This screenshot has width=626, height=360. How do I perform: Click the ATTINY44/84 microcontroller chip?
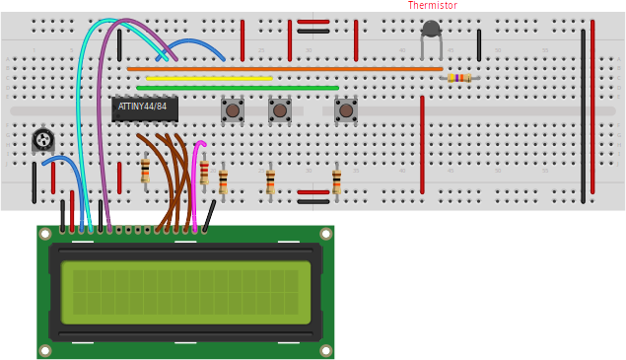[144, 108]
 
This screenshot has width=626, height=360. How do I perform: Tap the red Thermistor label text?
[433, 6]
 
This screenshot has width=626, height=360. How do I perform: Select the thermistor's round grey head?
[431, 29]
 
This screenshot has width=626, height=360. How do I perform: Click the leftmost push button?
[233, 109]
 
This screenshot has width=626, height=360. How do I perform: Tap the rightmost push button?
[345, 109]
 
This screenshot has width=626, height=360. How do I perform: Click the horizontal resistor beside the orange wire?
[458, 77]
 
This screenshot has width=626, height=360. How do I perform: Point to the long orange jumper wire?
[286, 69]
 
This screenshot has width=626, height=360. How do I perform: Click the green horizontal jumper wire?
[237, 88]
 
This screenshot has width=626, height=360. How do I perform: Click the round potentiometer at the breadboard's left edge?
[42, 139]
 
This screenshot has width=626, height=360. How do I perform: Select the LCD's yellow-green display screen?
[185, 293]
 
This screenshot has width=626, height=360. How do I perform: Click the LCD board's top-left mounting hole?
[45, 234]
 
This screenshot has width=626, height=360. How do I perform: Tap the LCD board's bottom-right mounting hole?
[325, 349]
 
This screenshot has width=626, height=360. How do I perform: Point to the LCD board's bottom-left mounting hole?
[45, 350]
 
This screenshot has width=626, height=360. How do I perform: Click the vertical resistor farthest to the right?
[336, 181]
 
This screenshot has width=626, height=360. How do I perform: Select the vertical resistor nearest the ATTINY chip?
[145, 171]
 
